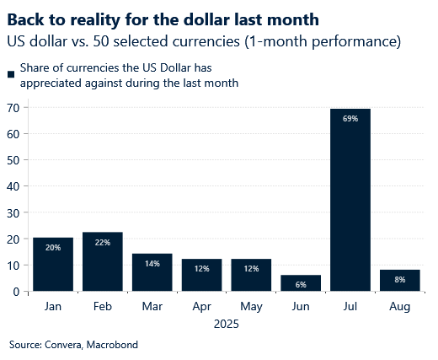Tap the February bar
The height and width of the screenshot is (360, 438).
[x=103, y=261]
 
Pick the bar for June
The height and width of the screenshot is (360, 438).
[x=301, y=282]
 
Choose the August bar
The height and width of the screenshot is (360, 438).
[x=400, y=280]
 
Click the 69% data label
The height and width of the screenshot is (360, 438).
[x=350, y=119]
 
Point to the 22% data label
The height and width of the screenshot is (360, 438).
[x=103, y=242]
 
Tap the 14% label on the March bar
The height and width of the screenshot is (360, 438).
[x=152, y=263]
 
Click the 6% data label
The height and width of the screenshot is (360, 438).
[x=301, y=284]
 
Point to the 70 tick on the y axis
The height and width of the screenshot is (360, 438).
[x=13, y=108]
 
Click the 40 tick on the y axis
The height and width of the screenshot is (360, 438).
[x=13, y=186]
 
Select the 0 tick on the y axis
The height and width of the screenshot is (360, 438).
[x=17, y=292]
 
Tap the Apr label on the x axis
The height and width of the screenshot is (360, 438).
[x=201, y=308]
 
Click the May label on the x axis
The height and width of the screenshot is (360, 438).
[x=251, y=308]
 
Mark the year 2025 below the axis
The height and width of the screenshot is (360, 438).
[x=226, y=324]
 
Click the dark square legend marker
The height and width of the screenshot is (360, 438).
[x=10, y=74]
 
